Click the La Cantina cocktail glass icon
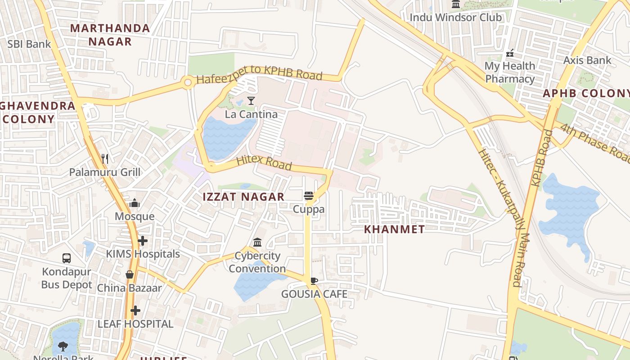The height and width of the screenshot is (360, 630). click(251, 101)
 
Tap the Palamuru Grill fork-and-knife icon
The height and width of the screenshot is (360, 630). click(105, 158)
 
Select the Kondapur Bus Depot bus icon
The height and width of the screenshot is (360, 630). click(67, 258)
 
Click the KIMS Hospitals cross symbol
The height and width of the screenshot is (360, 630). click(143, 241)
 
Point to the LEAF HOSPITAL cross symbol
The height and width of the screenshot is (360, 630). click(135, 310)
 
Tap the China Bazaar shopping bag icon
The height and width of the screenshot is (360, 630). click(130, 274)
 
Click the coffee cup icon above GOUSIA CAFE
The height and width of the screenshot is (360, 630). click(314, 281)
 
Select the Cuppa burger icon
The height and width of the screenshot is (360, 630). click(308, 196)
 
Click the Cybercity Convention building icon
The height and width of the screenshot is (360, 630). click(257, 243)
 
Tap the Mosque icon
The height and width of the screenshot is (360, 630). click(135, 203)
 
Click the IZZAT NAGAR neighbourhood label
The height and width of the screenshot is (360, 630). click(243, 197)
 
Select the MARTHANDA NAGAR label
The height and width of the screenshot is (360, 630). click(110, 35)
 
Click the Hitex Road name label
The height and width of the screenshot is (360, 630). click(264, 162)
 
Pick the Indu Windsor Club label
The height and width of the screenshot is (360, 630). click(455, 18)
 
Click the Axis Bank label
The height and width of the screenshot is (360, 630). click(587, 60)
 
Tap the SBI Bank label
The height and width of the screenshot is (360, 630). click(29, 44)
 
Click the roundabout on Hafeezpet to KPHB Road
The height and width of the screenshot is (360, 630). click(188, 82)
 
